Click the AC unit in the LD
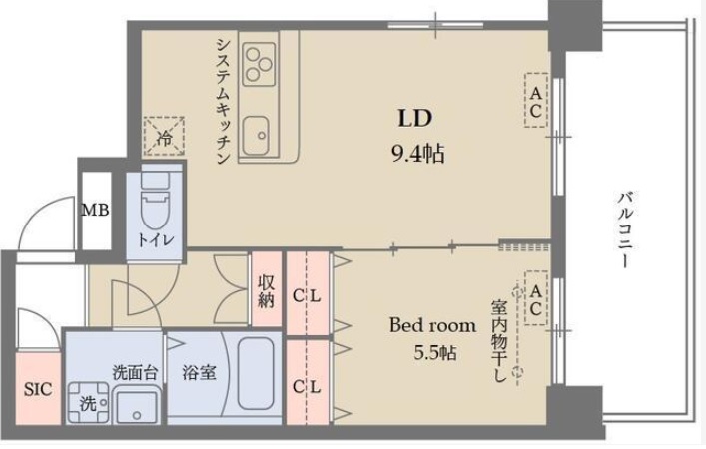(536, 101)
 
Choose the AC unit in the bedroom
(535, 298)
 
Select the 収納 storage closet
(265, 288)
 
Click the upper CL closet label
(307, 295)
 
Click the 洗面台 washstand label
(134, 372)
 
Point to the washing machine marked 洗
(87, 405)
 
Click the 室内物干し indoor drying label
(499, 339)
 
